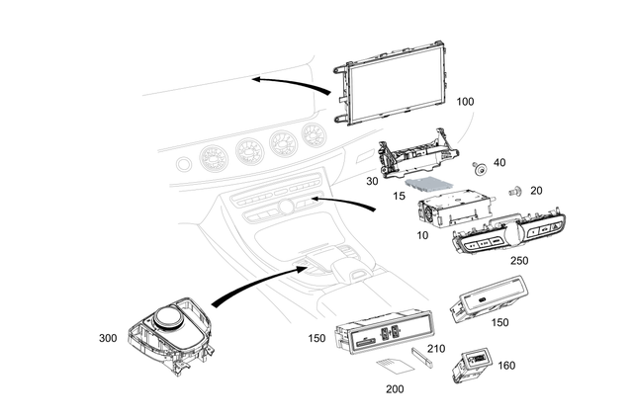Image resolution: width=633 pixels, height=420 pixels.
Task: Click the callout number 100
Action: pyautogui.click(x=466, y=102)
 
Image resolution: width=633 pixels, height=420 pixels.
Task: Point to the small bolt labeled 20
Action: pyautogui.click(x=514, y=191)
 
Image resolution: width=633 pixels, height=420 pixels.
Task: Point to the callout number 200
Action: pyautogui.click(x=395, y=388)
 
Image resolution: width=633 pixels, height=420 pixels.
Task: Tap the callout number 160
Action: pyautogui.click(x=506, y=365)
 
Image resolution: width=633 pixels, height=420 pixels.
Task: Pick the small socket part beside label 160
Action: pyautogui.click(x=474, y=363)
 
